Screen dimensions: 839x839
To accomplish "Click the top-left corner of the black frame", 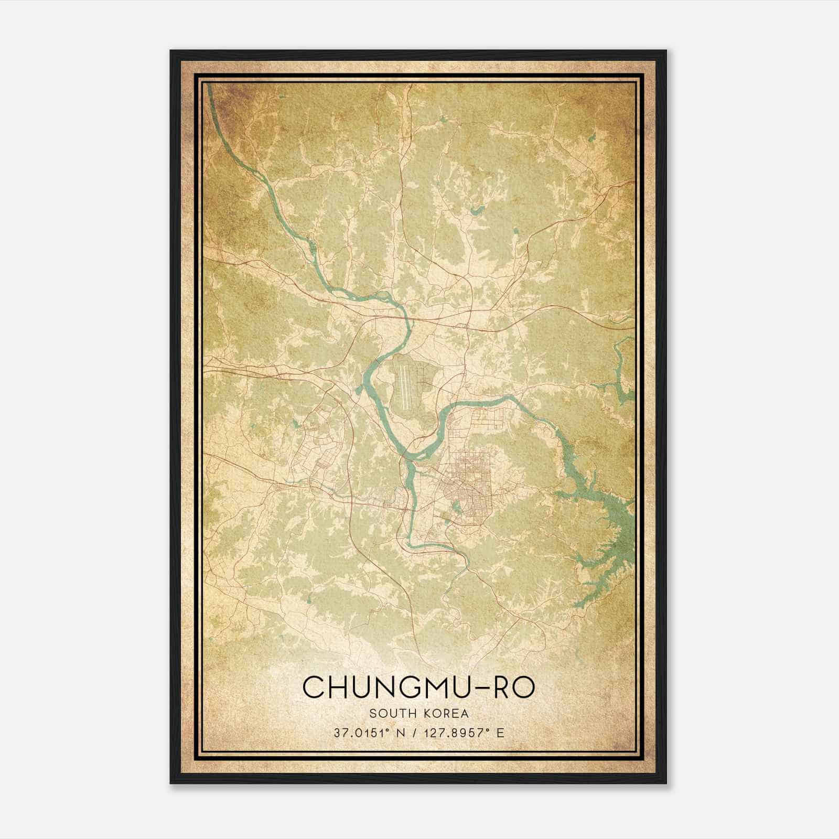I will click(171, 51).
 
